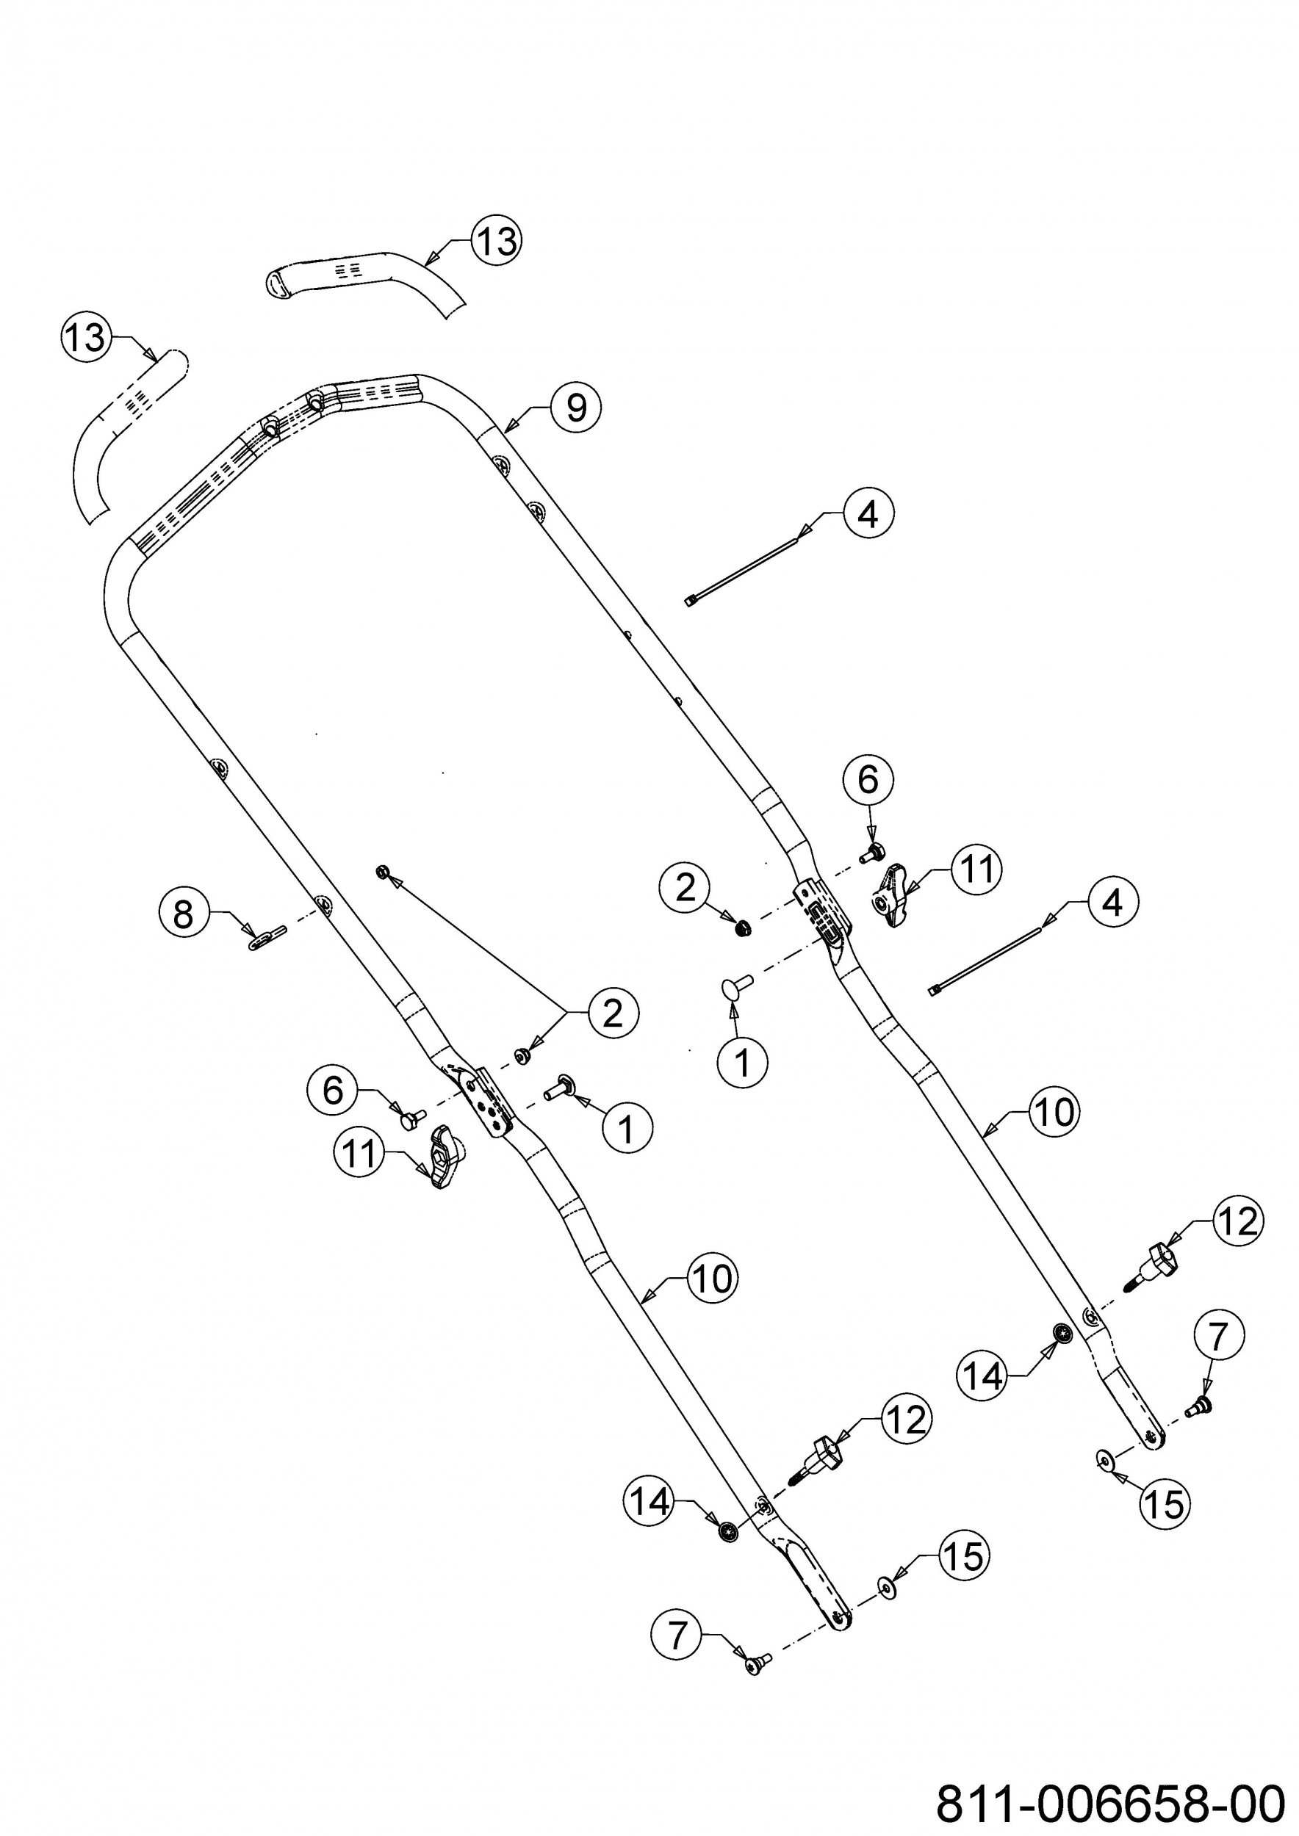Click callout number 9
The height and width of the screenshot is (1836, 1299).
point(575,408)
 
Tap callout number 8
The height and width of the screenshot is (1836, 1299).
point(183,913)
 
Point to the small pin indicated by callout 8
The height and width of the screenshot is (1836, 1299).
point(265,936)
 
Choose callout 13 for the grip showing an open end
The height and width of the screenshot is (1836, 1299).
point(497,240)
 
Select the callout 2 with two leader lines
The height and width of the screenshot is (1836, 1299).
point(613,1013)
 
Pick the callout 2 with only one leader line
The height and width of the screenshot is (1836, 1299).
point(686,888)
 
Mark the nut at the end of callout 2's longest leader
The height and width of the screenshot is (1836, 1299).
point(382,871)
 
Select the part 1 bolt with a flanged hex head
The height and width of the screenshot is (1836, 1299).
point(559,1086)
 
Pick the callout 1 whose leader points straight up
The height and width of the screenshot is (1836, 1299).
point(743,1063)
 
